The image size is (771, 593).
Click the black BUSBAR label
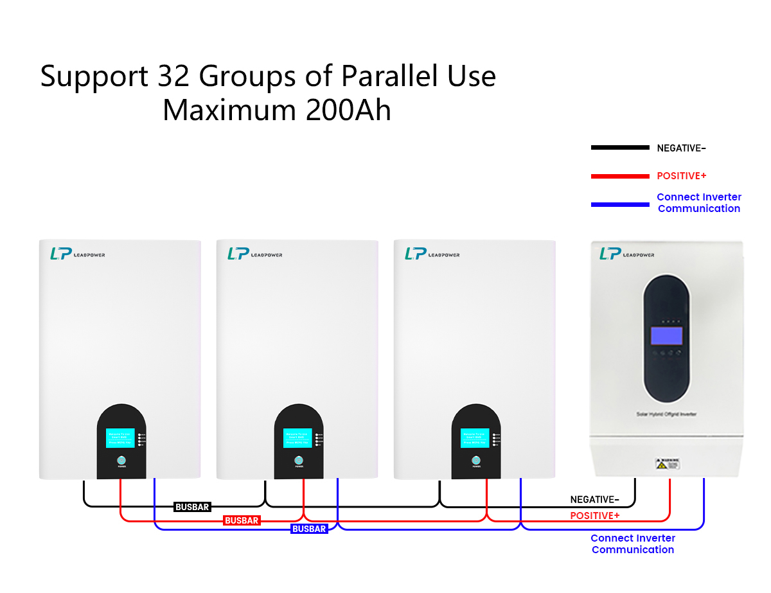click(x=192, y=507)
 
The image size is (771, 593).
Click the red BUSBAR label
click(x=242, y=520)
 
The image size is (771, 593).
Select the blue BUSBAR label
click(x=309, y=529)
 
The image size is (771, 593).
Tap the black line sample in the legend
click(x=620, y=148)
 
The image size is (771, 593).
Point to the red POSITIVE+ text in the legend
click(x=681, y=176)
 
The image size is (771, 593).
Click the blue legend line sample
click(x=620, y=204)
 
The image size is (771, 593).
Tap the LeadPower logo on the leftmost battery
click(x=77, y=254)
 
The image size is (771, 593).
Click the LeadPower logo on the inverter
click(x=626, y=254)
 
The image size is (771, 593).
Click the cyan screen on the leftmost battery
click(x=120, y=438)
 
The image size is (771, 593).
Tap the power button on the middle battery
click(x=298, y=461)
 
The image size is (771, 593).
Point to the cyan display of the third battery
click(x=475, y=438)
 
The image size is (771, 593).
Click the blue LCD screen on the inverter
click(x=666, y=336)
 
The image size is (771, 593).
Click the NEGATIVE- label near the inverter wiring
click(x=594, y=500)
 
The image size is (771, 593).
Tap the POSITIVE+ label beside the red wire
click(x=595, y=516)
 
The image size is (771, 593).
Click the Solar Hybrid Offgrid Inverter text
click(x=666, y=414)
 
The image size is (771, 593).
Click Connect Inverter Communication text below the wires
click(x=633, y=544)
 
